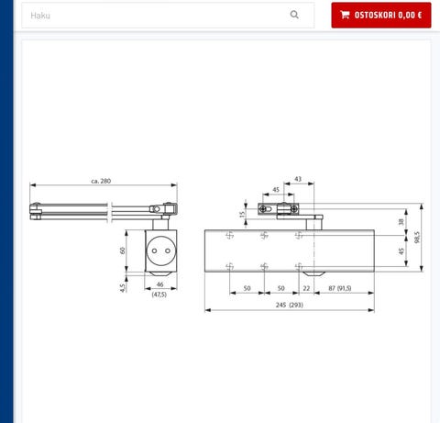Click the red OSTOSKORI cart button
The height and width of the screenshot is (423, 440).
[x=381, y=15]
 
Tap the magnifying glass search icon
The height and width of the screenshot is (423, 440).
[x=294, y=15]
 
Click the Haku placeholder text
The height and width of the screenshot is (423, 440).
[x=40, y=16]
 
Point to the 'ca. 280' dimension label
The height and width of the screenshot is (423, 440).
[x=101, y=181]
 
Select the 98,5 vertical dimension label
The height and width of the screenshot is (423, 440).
[x=417, y=238]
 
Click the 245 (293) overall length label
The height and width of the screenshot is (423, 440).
[x=289, y=305]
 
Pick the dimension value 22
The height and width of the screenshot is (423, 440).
[x=306, y=288]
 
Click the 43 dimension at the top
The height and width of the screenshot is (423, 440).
[x=298, y=179]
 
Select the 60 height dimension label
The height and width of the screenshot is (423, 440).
[x=123, y=250]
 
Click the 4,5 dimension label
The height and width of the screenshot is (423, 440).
[x=123, y=288]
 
